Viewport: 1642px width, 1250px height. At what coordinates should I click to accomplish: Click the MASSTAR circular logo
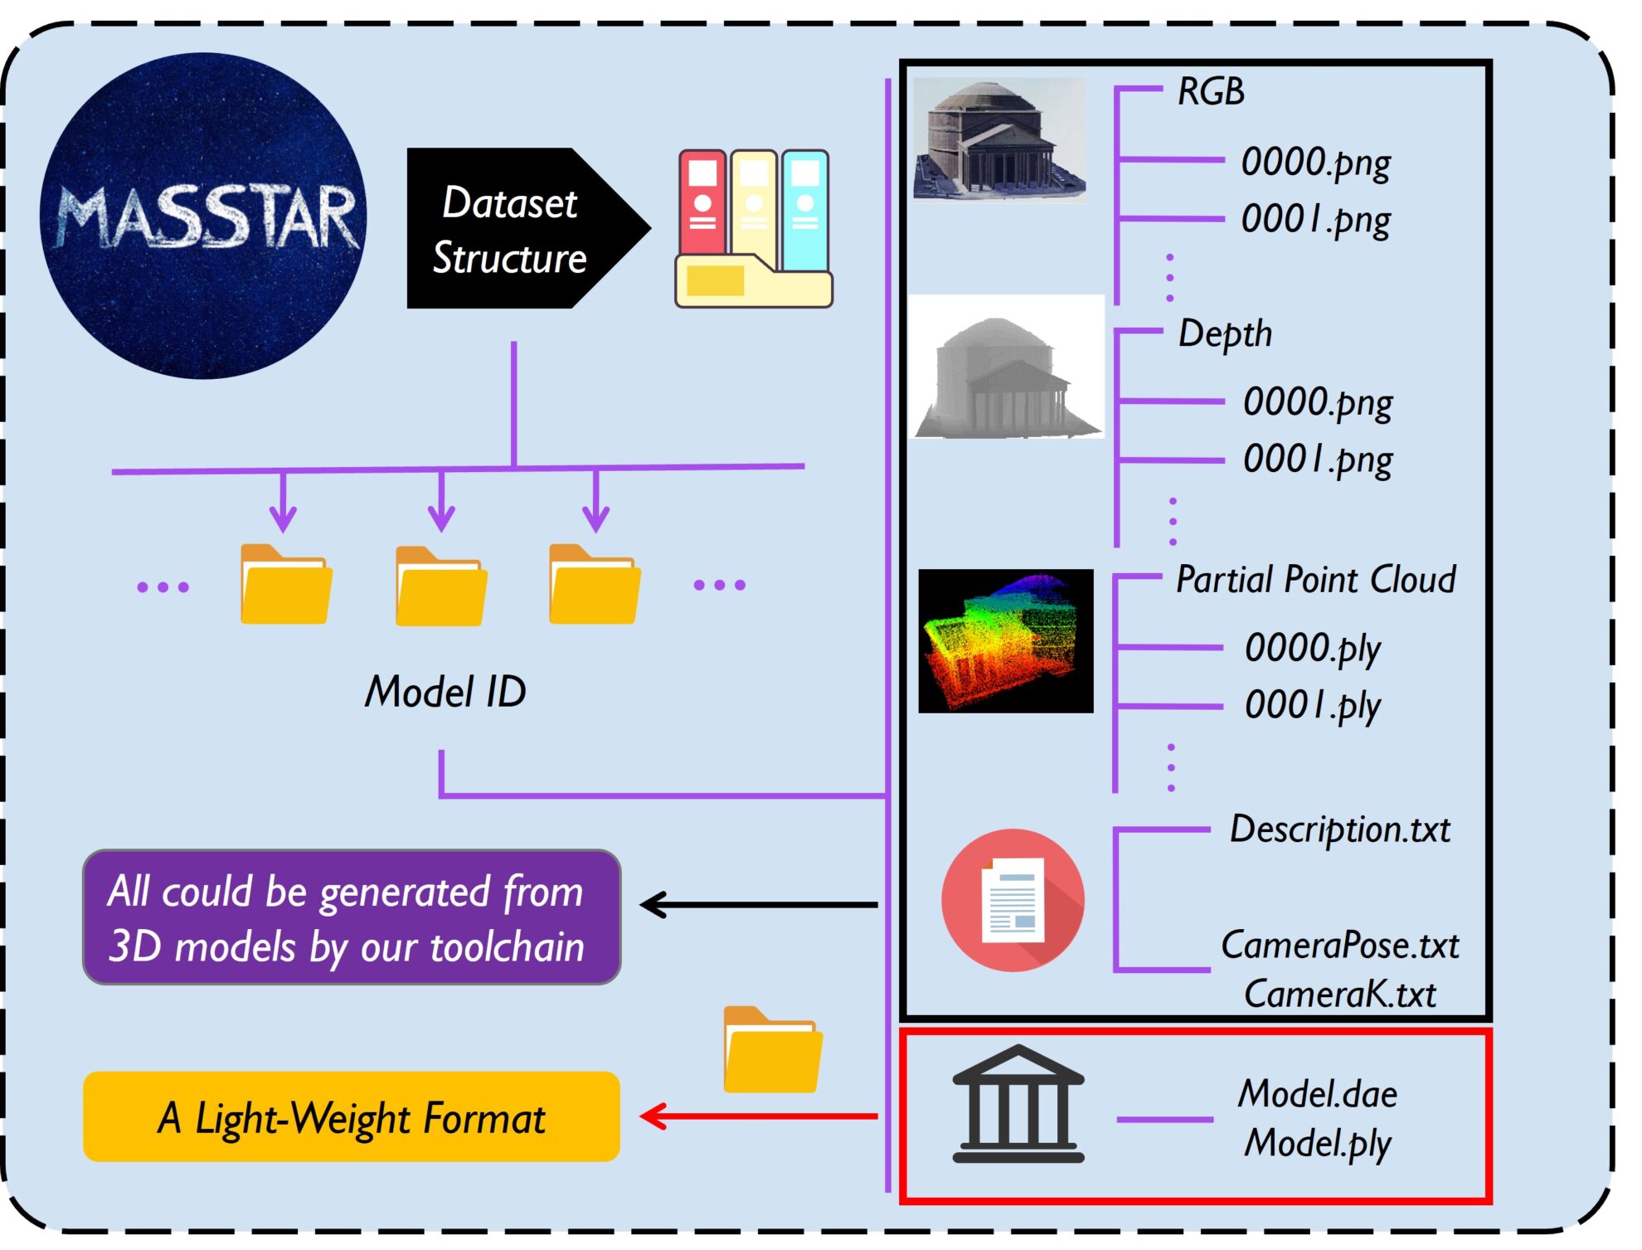coord(203,216)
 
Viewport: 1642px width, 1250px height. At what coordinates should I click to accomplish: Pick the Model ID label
coord(445,691)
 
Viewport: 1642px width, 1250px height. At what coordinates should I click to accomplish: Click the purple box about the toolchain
coord(352,917)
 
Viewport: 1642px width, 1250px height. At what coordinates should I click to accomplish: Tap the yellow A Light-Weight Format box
coord(352,1116)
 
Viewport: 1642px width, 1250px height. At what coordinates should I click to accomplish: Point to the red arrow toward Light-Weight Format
coord(759,1116)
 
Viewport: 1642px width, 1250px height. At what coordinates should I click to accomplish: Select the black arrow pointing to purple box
coord(759,904)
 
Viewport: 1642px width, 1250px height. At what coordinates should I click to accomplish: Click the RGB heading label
coord(1211,91)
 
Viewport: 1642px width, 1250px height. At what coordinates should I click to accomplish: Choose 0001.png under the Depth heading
coord(1317,459)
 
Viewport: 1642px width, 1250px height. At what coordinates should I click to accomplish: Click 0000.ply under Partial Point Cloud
coord(1312,648)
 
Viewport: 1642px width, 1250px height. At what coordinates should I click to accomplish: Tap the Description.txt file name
coord(1339,829)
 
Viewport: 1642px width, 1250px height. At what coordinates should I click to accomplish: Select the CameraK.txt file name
coord(1339,994)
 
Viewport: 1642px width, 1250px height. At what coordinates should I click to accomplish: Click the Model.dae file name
coord(1317,1093)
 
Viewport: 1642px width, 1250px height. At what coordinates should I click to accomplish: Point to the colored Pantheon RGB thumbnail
coord(999,139)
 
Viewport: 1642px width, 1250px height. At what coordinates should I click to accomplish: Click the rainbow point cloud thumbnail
coord(1005,640)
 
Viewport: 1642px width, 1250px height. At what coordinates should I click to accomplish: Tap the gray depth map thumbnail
coord(1006,367)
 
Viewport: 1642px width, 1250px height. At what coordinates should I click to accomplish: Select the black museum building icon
coord(1018,1103)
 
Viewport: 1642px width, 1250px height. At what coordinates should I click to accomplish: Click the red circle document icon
coord(1013,900)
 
